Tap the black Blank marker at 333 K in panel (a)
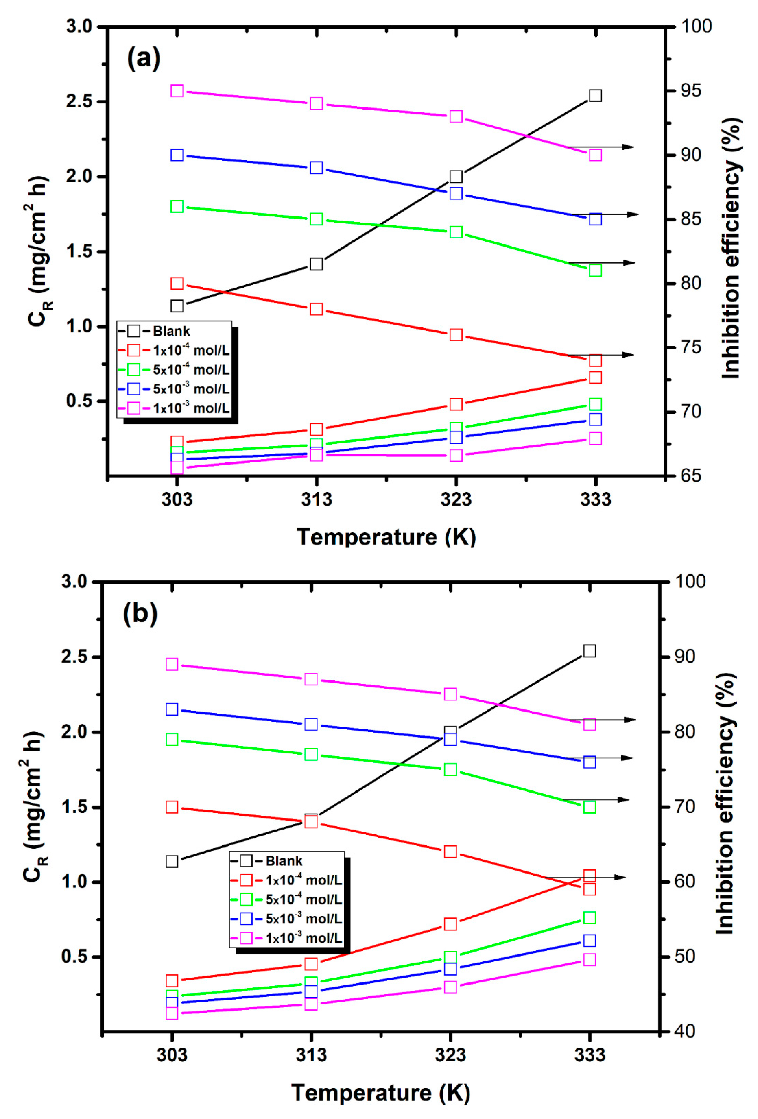tap(595, 95)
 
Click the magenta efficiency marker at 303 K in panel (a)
tap(177, 91)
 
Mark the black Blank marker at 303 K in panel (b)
tap(172, 861)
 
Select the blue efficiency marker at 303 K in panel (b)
tap(172, 709)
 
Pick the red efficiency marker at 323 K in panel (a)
tap(456, 335)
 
